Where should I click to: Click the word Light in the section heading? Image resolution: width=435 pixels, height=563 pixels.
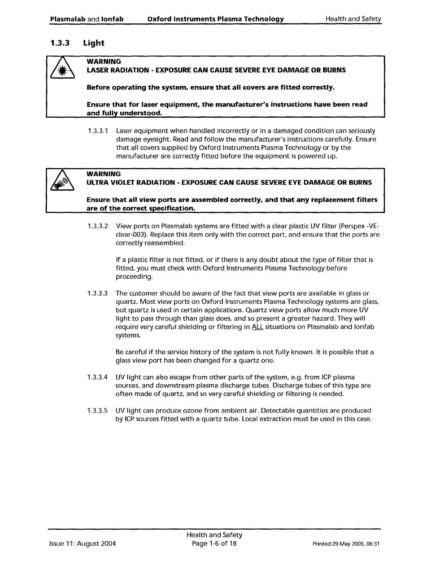click(x=93, y=43)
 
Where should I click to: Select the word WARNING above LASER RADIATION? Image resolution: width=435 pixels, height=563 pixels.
click(x=104, y=62)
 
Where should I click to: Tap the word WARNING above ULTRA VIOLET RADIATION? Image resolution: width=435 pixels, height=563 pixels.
click(x=104, y=174)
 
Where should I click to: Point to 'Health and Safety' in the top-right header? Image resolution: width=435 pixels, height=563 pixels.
click(x=353, y=19)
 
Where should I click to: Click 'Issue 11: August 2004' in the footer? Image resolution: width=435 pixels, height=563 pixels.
click(x=82, y=544)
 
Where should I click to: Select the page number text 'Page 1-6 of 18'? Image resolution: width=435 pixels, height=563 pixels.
click(x=214, y=544)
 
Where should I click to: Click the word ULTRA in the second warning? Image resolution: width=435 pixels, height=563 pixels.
click(x=96, y=183)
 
